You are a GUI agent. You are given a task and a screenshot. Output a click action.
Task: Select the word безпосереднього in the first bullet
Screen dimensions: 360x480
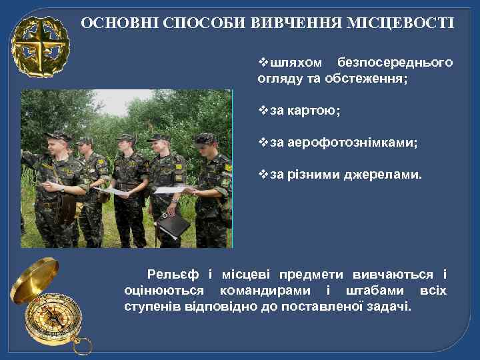(395, 63)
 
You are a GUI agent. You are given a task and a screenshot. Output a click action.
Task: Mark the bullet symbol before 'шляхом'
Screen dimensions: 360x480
(262, 63)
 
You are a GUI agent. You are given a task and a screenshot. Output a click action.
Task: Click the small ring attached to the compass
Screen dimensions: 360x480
(83, 346)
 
